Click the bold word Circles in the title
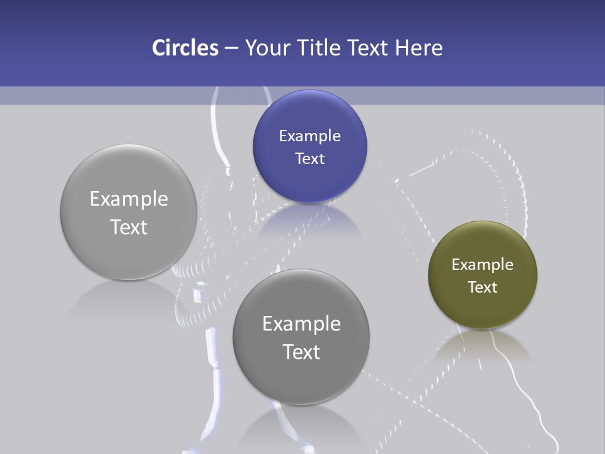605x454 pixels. pyautogui.click(x=185, y=48)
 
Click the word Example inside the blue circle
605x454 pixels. pyautogui.click(x=309, y=136)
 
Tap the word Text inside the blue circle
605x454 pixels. pyautogui.click(x=309, y=159)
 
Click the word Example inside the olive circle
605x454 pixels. pyautogui.click(x=483, y=265)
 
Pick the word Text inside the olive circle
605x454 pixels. pyautogui.click(x=483, y=288)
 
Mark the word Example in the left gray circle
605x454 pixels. pyautogui.click(x=129, y=199)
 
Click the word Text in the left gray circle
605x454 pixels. pyautogui.click(x=129, y=227)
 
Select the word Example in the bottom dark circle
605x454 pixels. pyautogui.click(x=301, y=324)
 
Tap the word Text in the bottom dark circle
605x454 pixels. pyautogui.click(x=301, y=352)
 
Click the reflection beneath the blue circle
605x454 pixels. pyautogui.click(x=309, y=221)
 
